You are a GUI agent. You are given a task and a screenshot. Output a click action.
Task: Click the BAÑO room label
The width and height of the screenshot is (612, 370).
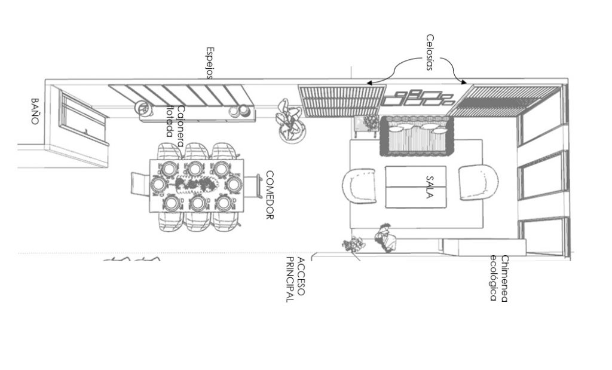[35, 111]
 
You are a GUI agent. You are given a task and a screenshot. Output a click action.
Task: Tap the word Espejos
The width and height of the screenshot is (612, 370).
[210, 63]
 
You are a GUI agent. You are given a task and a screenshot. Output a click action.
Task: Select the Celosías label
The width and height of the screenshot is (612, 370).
[430, 52]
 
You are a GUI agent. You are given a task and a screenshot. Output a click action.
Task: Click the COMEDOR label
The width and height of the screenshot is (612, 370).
[270, 195]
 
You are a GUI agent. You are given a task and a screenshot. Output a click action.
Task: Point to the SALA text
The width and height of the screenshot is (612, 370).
[429, 187]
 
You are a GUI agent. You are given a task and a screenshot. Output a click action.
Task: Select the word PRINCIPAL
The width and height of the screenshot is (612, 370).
[290, 280]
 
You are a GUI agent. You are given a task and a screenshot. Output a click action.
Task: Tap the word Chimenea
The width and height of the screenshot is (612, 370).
[504, 279]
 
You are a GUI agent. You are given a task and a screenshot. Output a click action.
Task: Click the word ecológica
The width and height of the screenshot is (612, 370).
[493, 279]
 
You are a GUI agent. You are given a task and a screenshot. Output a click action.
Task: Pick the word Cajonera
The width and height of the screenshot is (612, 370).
[180, 126]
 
